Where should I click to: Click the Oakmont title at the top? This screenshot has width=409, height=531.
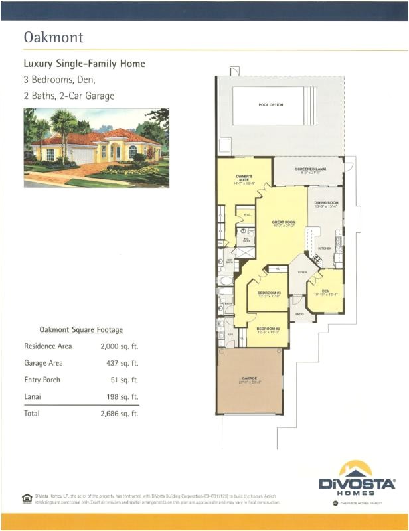(54, 37)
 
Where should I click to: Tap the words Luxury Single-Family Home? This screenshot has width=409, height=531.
(84, 64)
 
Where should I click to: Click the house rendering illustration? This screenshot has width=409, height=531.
(96, 147)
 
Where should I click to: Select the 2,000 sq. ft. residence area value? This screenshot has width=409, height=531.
(119, 346)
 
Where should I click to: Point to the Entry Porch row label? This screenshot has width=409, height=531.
(42, 380)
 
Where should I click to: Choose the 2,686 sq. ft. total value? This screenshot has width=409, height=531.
(119, 414)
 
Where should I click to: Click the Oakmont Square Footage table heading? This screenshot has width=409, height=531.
(80, 329)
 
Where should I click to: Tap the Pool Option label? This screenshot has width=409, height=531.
(271, 105)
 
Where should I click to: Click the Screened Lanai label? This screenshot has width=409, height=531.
(309, 169)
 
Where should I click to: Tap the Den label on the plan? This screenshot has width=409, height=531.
(325, 291)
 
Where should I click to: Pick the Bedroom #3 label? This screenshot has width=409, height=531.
(269, 293)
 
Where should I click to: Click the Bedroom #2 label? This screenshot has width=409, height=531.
(268, 329)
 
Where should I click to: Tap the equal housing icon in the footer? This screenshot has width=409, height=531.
(27, 498)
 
